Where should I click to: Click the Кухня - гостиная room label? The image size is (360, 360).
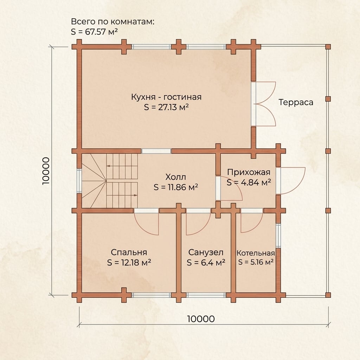coord(166,97)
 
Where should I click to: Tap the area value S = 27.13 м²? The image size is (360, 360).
coord(166,107)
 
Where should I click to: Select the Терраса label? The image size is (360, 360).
coord(296,102)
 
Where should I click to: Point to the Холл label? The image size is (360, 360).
coord(176,177)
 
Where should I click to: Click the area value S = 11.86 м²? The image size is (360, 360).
coord(176,187)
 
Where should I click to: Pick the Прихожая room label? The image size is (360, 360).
coord(249,172)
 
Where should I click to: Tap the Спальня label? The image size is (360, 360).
coord(129,252)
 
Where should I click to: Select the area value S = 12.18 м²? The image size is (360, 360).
coord(129,262)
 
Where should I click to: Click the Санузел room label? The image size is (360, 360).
coord(206,252)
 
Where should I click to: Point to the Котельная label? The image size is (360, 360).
coord(256,253)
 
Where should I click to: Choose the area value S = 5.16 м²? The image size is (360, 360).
coord(256,262)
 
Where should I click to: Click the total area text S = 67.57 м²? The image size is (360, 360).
coord(94,32)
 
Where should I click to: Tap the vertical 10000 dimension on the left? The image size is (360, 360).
coord(46,171)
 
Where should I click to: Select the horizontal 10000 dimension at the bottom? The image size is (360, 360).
coord(201,319)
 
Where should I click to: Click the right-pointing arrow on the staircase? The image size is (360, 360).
coord(133,195)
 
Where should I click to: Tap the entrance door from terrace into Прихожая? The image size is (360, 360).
coord(291,181)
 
